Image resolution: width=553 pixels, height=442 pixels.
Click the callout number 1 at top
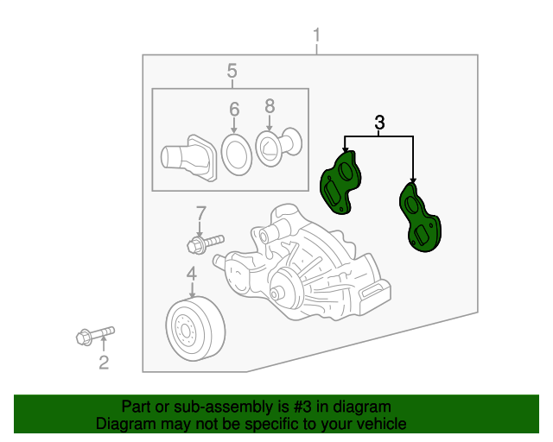(316, 35)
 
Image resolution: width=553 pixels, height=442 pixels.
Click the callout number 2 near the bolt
(104, 363)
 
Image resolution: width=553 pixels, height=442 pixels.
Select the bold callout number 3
(379, 123)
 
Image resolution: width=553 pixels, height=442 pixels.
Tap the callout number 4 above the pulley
(191, 275)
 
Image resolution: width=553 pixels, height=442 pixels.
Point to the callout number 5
(232, 70)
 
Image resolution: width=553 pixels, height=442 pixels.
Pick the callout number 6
(234, 110)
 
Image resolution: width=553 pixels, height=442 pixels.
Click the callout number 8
(270, 105)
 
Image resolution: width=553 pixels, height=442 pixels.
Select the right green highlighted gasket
(419, 220)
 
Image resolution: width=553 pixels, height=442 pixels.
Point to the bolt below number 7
(204, 243)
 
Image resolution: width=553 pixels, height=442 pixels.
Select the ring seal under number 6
(234, 154)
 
